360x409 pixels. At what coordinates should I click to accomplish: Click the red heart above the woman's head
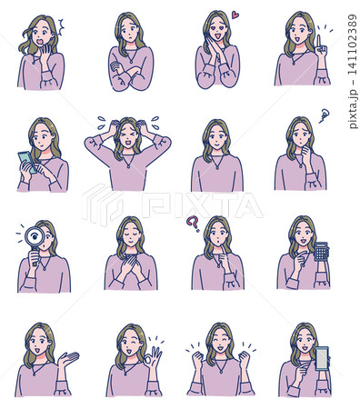pyautogui.click(x=235, y=15)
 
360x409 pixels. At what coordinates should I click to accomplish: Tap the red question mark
pyautogui.click(x=192, y=224)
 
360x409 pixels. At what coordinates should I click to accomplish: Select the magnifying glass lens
pyautogui.click(x=35, y=237)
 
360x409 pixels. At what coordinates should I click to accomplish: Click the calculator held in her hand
pyautogui.click(x=321, y=251)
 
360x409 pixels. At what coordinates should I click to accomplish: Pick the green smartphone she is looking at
pyautogui.click(x=27, y=162)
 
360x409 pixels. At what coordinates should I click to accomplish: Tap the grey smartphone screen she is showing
pyautogui.click(x=322, y=359)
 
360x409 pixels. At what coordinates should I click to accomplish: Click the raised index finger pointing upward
pyautogui.click(x=318, y=41)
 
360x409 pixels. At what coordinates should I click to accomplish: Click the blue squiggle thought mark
pyautogui.click(x=325, y=115)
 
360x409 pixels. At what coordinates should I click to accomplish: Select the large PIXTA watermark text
pyautogui.click(x=202, y=205)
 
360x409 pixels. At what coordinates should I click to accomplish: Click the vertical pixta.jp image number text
pyautogui.click(x=353, y=72)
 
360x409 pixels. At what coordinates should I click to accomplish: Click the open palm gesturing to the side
pyautogui.click(x=68, y=358)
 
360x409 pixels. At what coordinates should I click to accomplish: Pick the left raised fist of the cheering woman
pyautogui.click(x=197, y=358)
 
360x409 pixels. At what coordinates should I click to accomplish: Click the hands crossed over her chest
pyautogui.click(x=131, y=265)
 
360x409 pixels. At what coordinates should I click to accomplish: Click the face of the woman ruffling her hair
pyautogui.click(x=128, y=136)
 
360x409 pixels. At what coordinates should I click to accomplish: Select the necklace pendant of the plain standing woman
pyautogui.click(x=217, y=167)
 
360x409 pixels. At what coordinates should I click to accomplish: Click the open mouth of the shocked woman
pyautogui.click(x=39, y=44)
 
